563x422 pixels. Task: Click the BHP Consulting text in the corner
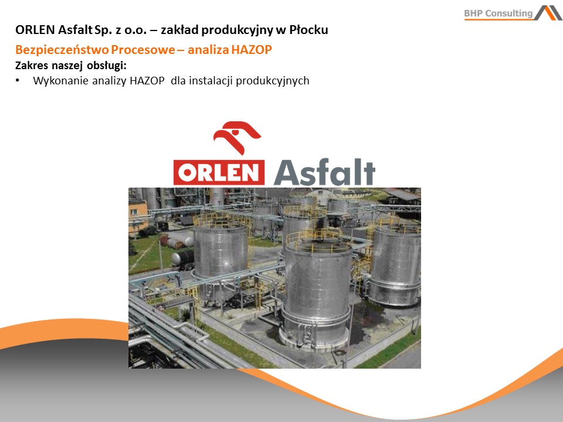click(498, 13)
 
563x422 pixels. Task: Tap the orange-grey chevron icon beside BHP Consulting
click(548, 12)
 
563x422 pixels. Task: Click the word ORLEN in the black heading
click(35, 30)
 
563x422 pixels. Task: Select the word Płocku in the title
click(308, 30)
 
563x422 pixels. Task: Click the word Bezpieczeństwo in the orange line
click(62, 49)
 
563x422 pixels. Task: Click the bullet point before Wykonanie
click(18, 81)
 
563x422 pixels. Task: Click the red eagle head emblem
click(236, 138)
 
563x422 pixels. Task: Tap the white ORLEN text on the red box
click(219, 172)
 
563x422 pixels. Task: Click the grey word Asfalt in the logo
click(324, 172)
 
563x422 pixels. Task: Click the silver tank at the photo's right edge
click(395, 265)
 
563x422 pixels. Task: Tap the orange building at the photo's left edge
click(138, 215)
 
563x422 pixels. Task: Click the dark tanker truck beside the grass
click(182, 259)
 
